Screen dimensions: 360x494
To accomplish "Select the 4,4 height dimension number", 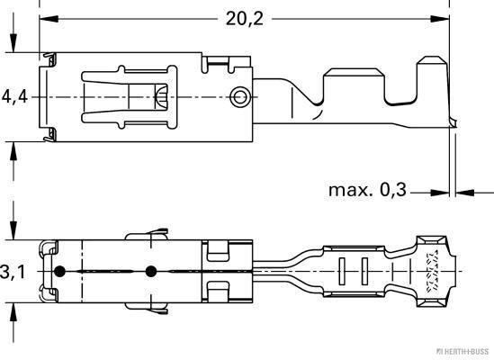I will pyautogui.click(x=13, y=95).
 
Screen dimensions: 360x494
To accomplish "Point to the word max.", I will pyautogui.click(x=347, y=191).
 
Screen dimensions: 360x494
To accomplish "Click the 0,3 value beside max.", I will pyautogui.click(x=393, y=191).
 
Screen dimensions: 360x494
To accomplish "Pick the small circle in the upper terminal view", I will pyautogui.click(x=238, y=95).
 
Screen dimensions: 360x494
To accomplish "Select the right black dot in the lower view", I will pyautogui.click(x=150, y=271).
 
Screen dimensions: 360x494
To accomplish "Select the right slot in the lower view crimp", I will pyautogui.click(x=364, y=271).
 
